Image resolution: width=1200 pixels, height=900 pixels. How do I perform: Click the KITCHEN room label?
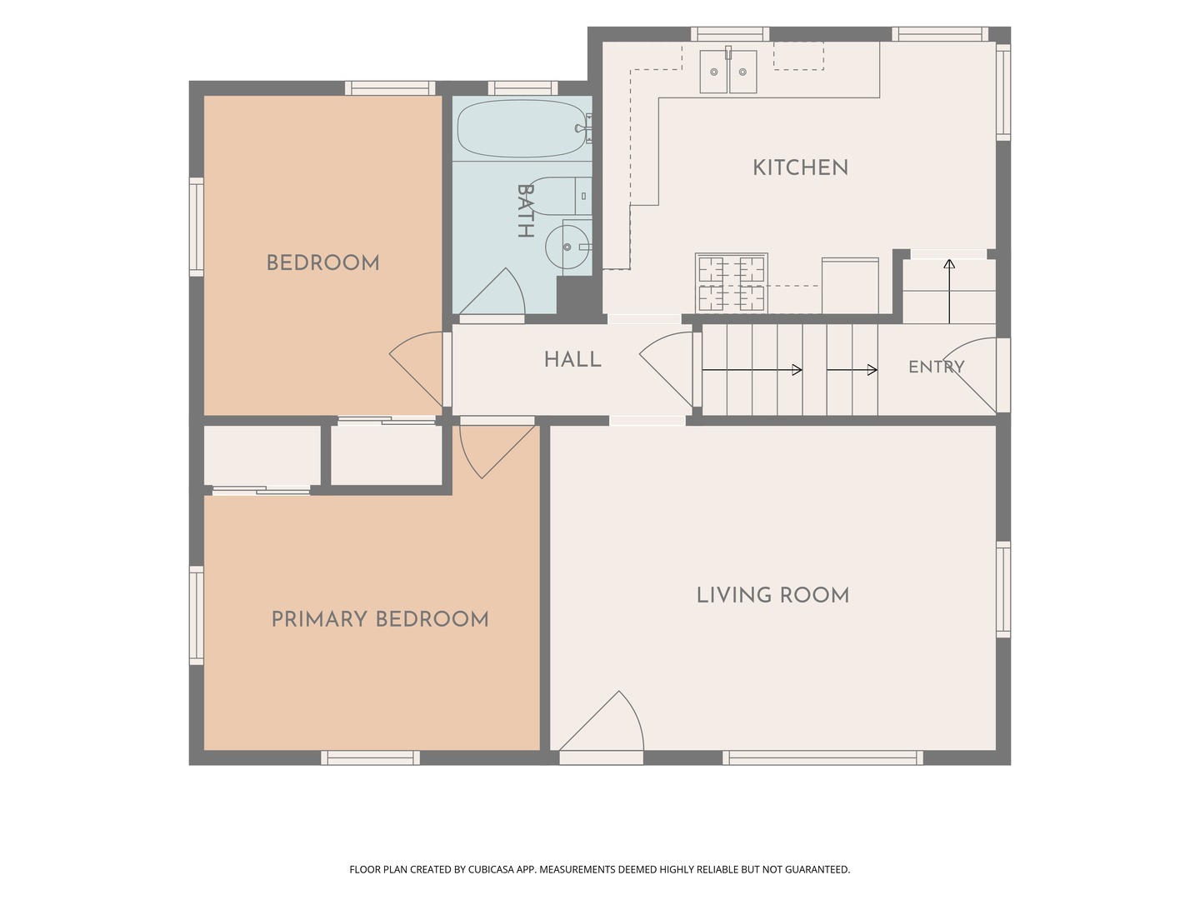pos(800,167)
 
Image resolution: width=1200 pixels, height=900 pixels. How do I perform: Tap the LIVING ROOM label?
pos(773,595)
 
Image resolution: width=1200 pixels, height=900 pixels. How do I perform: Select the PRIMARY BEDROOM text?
pos(380,619)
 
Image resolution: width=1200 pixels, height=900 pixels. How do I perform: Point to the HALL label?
pos(572,359)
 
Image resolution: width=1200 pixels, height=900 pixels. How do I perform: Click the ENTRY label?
pos(936,367)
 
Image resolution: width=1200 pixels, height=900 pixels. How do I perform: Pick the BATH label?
pos(525,210)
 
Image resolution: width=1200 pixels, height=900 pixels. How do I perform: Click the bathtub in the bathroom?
pos(521,129)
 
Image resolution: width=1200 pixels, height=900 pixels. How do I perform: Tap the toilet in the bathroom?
pos(560,196)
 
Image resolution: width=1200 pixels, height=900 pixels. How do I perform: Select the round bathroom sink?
pos(567,247)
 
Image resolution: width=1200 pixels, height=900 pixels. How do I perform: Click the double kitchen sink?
pos(728,72)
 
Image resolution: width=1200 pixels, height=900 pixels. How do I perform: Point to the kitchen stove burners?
pos(732,282)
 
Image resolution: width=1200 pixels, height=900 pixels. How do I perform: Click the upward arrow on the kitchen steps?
pos(949,292)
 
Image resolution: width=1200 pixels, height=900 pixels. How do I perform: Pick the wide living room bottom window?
pos(822,758)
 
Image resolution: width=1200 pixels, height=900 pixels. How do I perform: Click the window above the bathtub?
pos(522,88)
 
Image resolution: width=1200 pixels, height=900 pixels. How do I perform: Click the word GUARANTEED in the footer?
pos(817,869)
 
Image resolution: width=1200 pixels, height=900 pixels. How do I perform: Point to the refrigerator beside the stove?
pos(850,286)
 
